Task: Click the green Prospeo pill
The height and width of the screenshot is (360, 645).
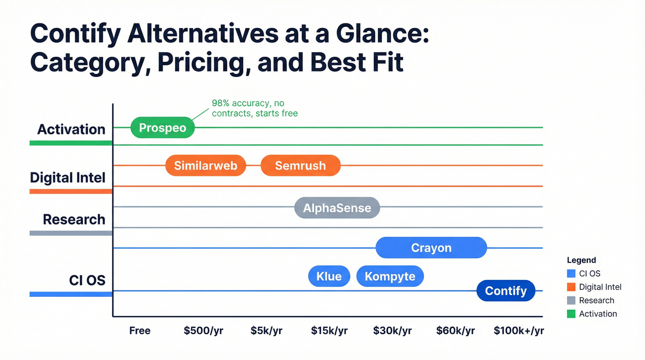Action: click(163, 128)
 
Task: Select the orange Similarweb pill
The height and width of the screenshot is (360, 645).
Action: click(205, 165)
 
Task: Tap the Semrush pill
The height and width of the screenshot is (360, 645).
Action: click(300, 165)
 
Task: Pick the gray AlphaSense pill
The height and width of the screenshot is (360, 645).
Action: click(337, 208)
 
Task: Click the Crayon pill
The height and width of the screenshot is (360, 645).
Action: click(431, 248)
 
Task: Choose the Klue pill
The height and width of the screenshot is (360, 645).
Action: click(329, 276)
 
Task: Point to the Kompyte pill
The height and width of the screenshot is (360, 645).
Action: click(390, 276)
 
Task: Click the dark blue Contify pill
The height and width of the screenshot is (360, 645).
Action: click(505, 291)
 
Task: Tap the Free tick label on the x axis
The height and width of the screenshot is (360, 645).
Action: click(140, 331)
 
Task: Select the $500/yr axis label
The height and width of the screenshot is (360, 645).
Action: click(203, 331)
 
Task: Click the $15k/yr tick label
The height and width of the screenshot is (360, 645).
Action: click(329, 331)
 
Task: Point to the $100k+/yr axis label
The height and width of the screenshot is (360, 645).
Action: click(519, 331)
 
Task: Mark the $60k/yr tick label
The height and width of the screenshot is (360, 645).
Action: click(455, 331)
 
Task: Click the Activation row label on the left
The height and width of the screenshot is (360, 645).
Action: click(71, 130)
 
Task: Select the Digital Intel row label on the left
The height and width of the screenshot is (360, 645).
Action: click(68, 177)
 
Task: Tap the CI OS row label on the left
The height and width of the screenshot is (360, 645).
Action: click(87, 280)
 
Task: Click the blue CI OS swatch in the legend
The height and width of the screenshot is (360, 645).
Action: click(571, 274)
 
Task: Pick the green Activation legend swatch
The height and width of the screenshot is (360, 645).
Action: click(571, 314)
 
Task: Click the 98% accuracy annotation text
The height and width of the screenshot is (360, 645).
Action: click(254, 108)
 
